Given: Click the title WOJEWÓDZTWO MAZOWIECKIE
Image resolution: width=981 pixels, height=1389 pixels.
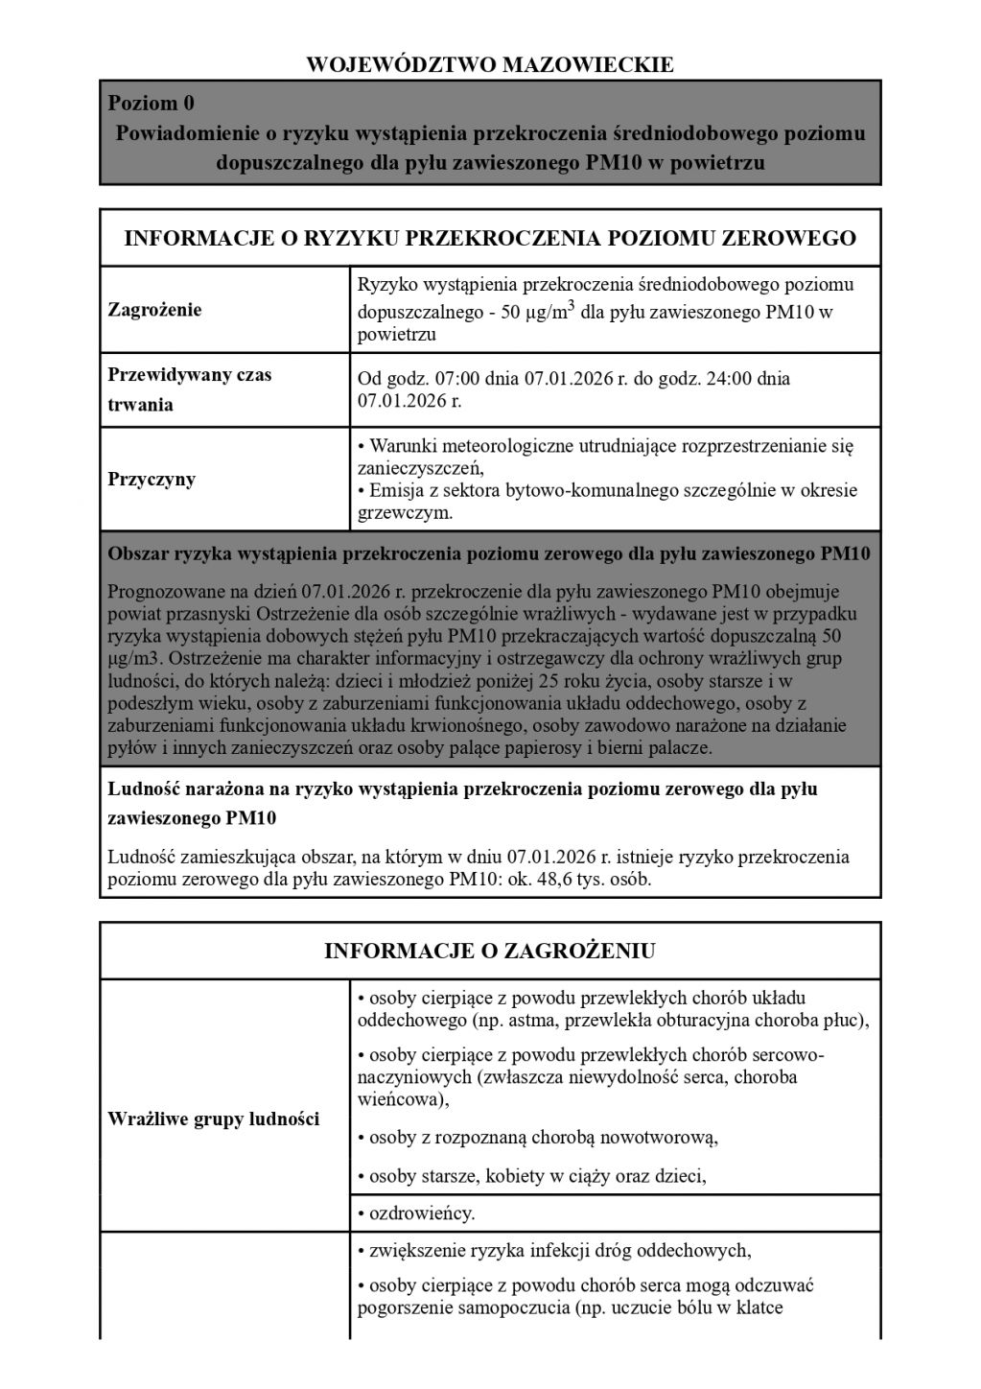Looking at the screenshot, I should point(490,65).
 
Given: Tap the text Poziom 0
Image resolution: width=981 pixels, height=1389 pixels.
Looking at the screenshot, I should point(152,103).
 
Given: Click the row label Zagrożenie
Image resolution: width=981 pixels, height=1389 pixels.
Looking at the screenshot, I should point(155,310).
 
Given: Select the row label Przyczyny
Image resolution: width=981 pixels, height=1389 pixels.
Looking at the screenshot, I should point(152,479).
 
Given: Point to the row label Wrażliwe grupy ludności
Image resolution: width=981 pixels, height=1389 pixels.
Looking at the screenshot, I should point(213,1118).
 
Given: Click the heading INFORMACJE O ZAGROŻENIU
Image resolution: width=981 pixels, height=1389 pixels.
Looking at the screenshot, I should point(490,951).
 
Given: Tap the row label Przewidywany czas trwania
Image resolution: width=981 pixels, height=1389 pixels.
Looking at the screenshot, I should point(190,389).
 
